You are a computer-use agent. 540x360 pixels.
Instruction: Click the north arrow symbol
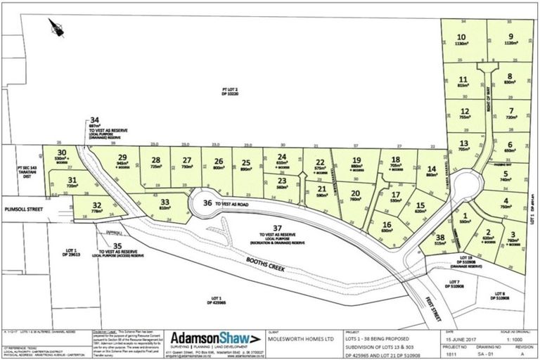point(55,27)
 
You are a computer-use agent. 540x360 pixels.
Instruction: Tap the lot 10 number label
point(461,37)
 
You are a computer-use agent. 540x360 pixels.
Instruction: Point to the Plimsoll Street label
point(20,209)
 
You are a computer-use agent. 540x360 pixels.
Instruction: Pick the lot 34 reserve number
point(94,120)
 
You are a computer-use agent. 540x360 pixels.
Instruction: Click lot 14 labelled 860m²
point(430,169)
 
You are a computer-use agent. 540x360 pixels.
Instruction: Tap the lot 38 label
point(440,238)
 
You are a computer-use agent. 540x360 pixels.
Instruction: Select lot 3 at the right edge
point(513,237)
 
